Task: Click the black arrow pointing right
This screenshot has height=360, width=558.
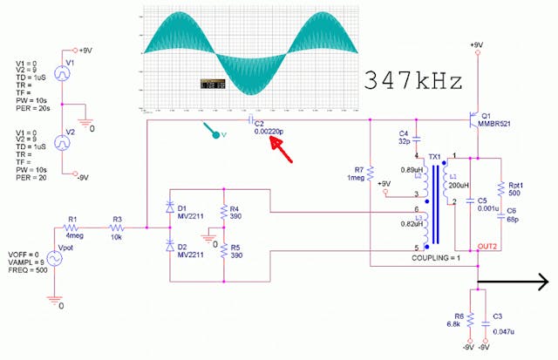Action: (514, 281)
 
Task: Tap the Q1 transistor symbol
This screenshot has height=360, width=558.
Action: (472, 116)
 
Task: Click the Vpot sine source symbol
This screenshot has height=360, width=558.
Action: (55, 258)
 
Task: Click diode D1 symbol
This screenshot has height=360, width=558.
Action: (169, 208)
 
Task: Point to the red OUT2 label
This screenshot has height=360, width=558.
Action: (489, 247)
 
